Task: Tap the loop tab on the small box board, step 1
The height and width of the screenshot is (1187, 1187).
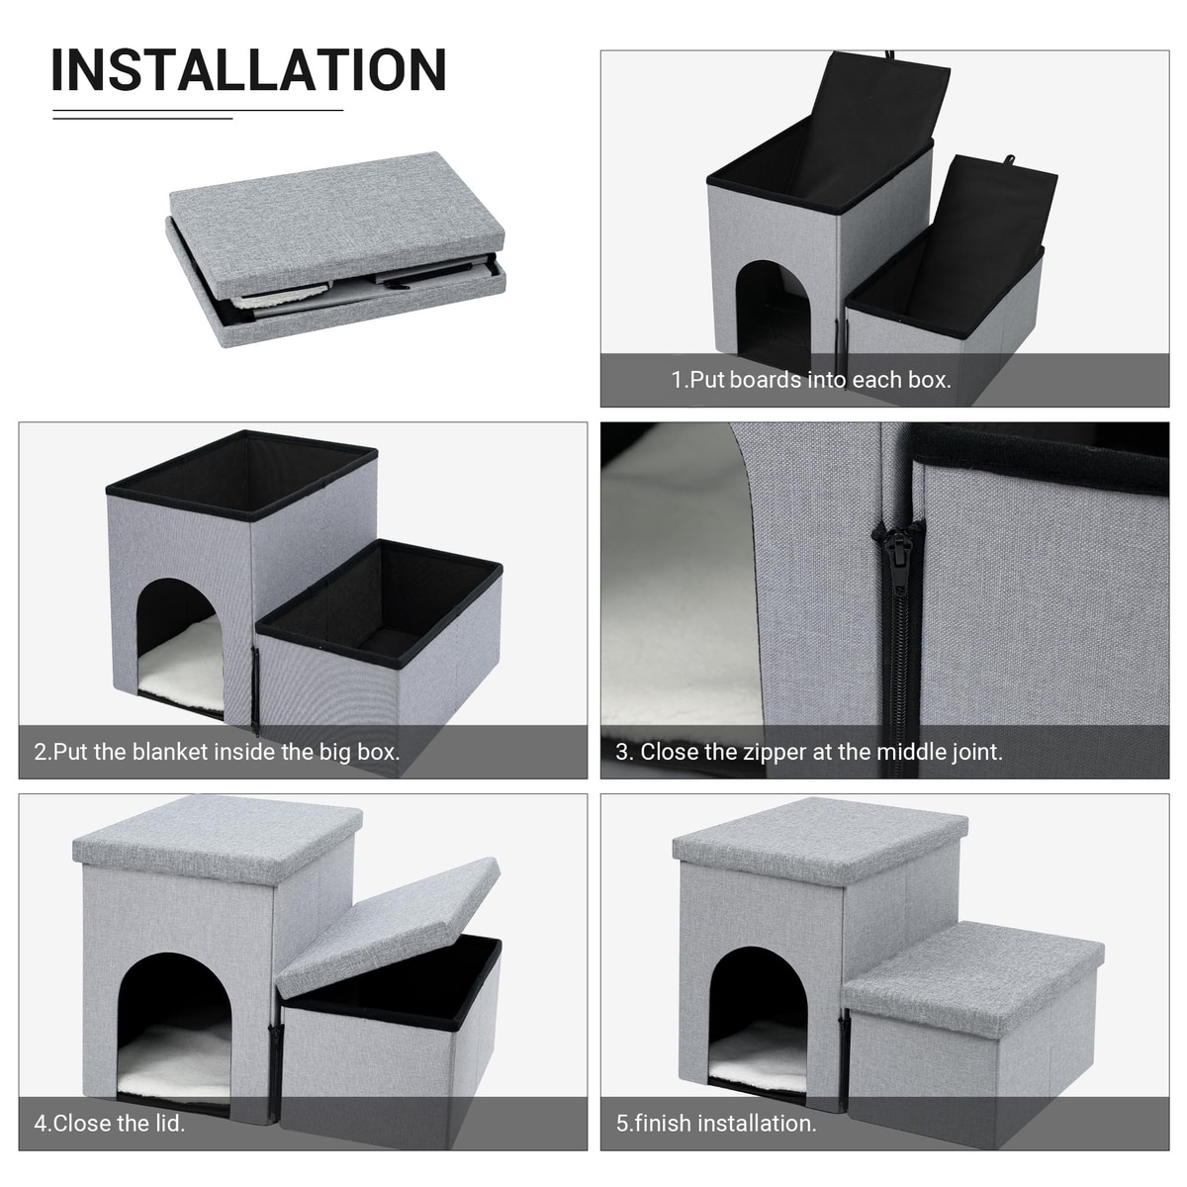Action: [1008, 160]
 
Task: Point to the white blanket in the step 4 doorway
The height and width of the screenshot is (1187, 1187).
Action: [175, 1060]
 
